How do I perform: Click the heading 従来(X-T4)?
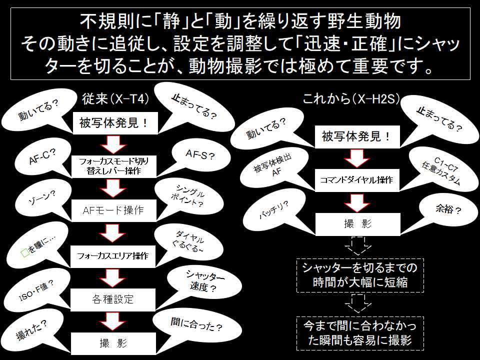115,99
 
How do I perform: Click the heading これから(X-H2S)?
351,99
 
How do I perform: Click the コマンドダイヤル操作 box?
357,179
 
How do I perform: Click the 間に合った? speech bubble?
195,327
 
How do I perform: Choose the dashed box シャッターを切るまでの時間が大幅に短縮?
359,275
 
